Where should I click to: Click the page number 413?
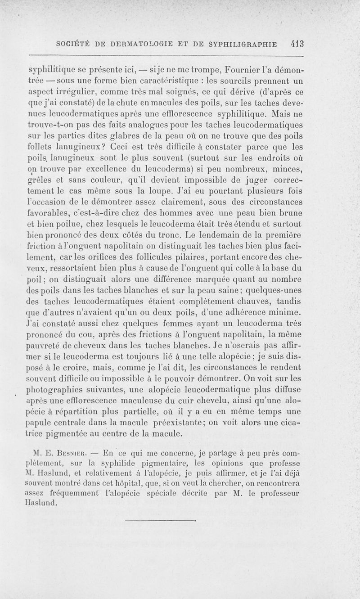coord(298,45)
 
